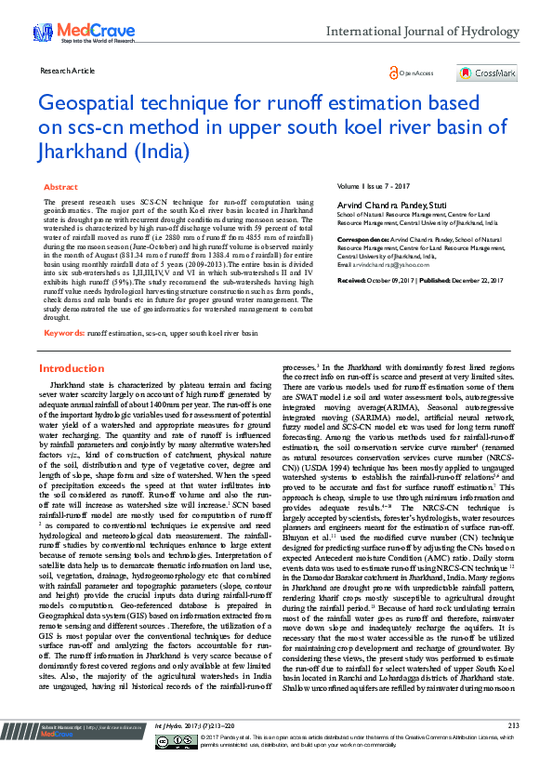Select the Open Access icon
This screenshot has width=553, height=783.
click(x=411, y=73)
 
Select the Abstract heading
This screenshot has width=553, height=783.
click(x=60, y=187)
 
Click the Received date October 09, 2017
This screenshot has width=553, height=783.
click(x=391, y=279)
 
